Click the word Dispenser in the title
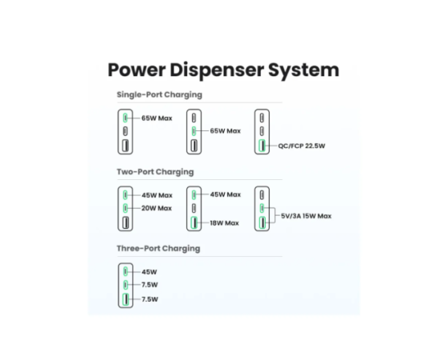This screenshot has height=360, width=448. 217,70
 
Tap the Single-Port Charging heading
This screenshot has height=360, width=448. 159,95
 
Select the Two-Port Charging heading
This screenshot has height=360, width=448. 155,172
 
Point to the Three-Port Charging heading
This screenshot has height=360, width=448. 158,249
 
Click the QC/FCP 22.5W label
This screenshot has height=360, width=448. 302,146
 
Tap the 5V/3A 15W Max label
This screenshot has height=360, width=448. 306,216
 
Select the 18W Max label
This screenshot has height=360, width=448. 224,223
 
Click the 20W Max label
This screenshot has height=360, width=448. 157,208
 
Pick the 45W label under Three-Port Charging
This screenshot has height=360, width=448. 149,272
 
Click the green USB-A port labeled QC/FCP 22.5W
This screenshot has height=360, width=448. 262,146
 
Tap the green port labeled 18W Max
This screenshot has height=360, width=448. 194,222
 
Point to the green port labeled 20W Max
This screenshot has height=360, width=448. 125,208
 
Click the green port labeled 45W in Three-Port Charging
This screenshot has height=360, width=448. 126,271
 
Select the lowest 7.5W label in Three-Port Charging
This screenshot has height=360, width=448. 150,299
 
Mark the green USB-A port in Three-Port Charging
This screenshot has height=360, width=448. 126,299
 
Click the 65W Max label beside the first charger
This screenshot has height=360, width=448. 157,118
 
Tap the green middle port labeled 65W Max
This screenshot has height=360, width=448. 194,131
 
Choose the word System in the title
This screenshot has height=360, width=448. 304,70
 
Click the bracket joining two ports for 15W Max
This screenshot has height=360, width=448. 275,215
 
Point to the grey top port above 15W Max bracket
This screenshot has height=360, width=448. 262,195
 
